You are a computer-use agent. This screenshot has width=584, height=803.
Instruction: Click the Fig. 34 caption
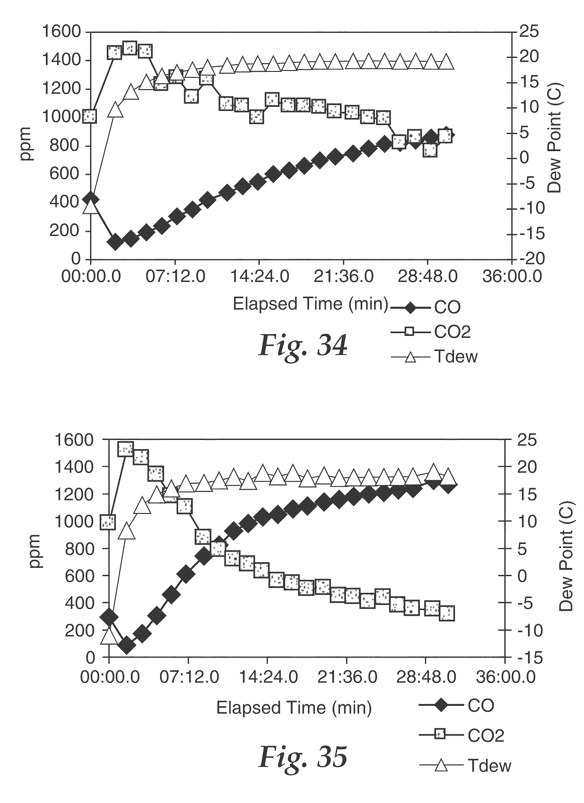[303, 345]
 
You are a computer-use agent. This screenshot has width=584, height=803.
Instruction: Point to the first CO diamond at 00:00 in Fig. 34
[91, 199]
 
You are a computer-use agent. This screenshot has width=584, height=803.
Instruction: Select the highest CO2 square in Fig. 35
[126, 449]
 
